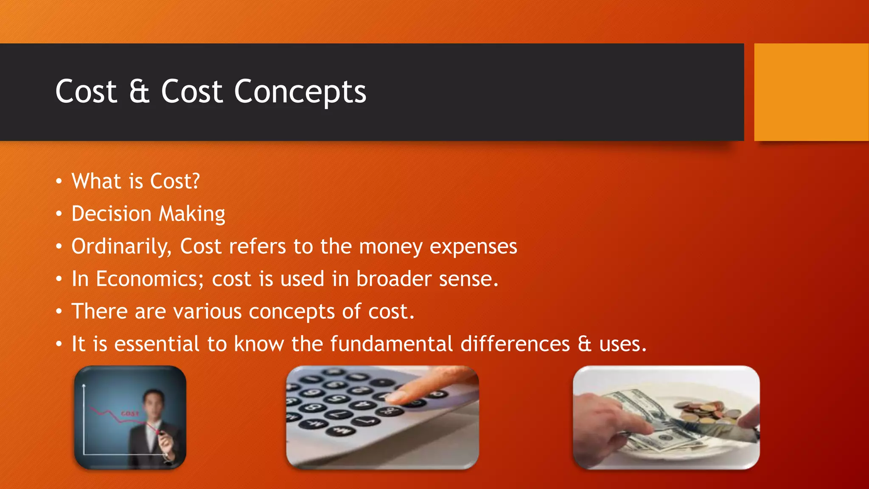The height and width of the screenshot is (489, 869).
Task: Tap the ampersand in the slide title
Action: pyautogui.click(x=139, y=92)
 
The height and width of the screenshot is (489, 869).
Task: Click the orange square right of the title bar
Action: pyautogui.click(x=811, y=92)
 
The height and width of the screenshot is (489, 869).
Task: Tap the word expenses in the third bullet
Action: pyautogui.click(x=473, y=247)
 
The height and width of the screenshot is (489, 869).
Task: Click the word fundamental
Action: pyautogui.click(x=391, y=344)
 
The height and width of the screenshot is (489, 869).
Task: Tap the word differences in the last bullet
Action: pyautogui.click(x=515, y=344)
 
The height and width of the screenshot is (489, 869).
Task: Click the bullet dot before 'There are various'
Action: pyautogui.click(x=59, y=312)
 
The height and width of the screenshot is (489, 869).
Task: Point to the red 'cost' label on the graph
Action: pyautogui.click(x=130, y=413)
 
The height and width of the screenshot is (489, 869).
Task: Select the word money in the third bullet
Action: pyautogui.click(x=390, y=247)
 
